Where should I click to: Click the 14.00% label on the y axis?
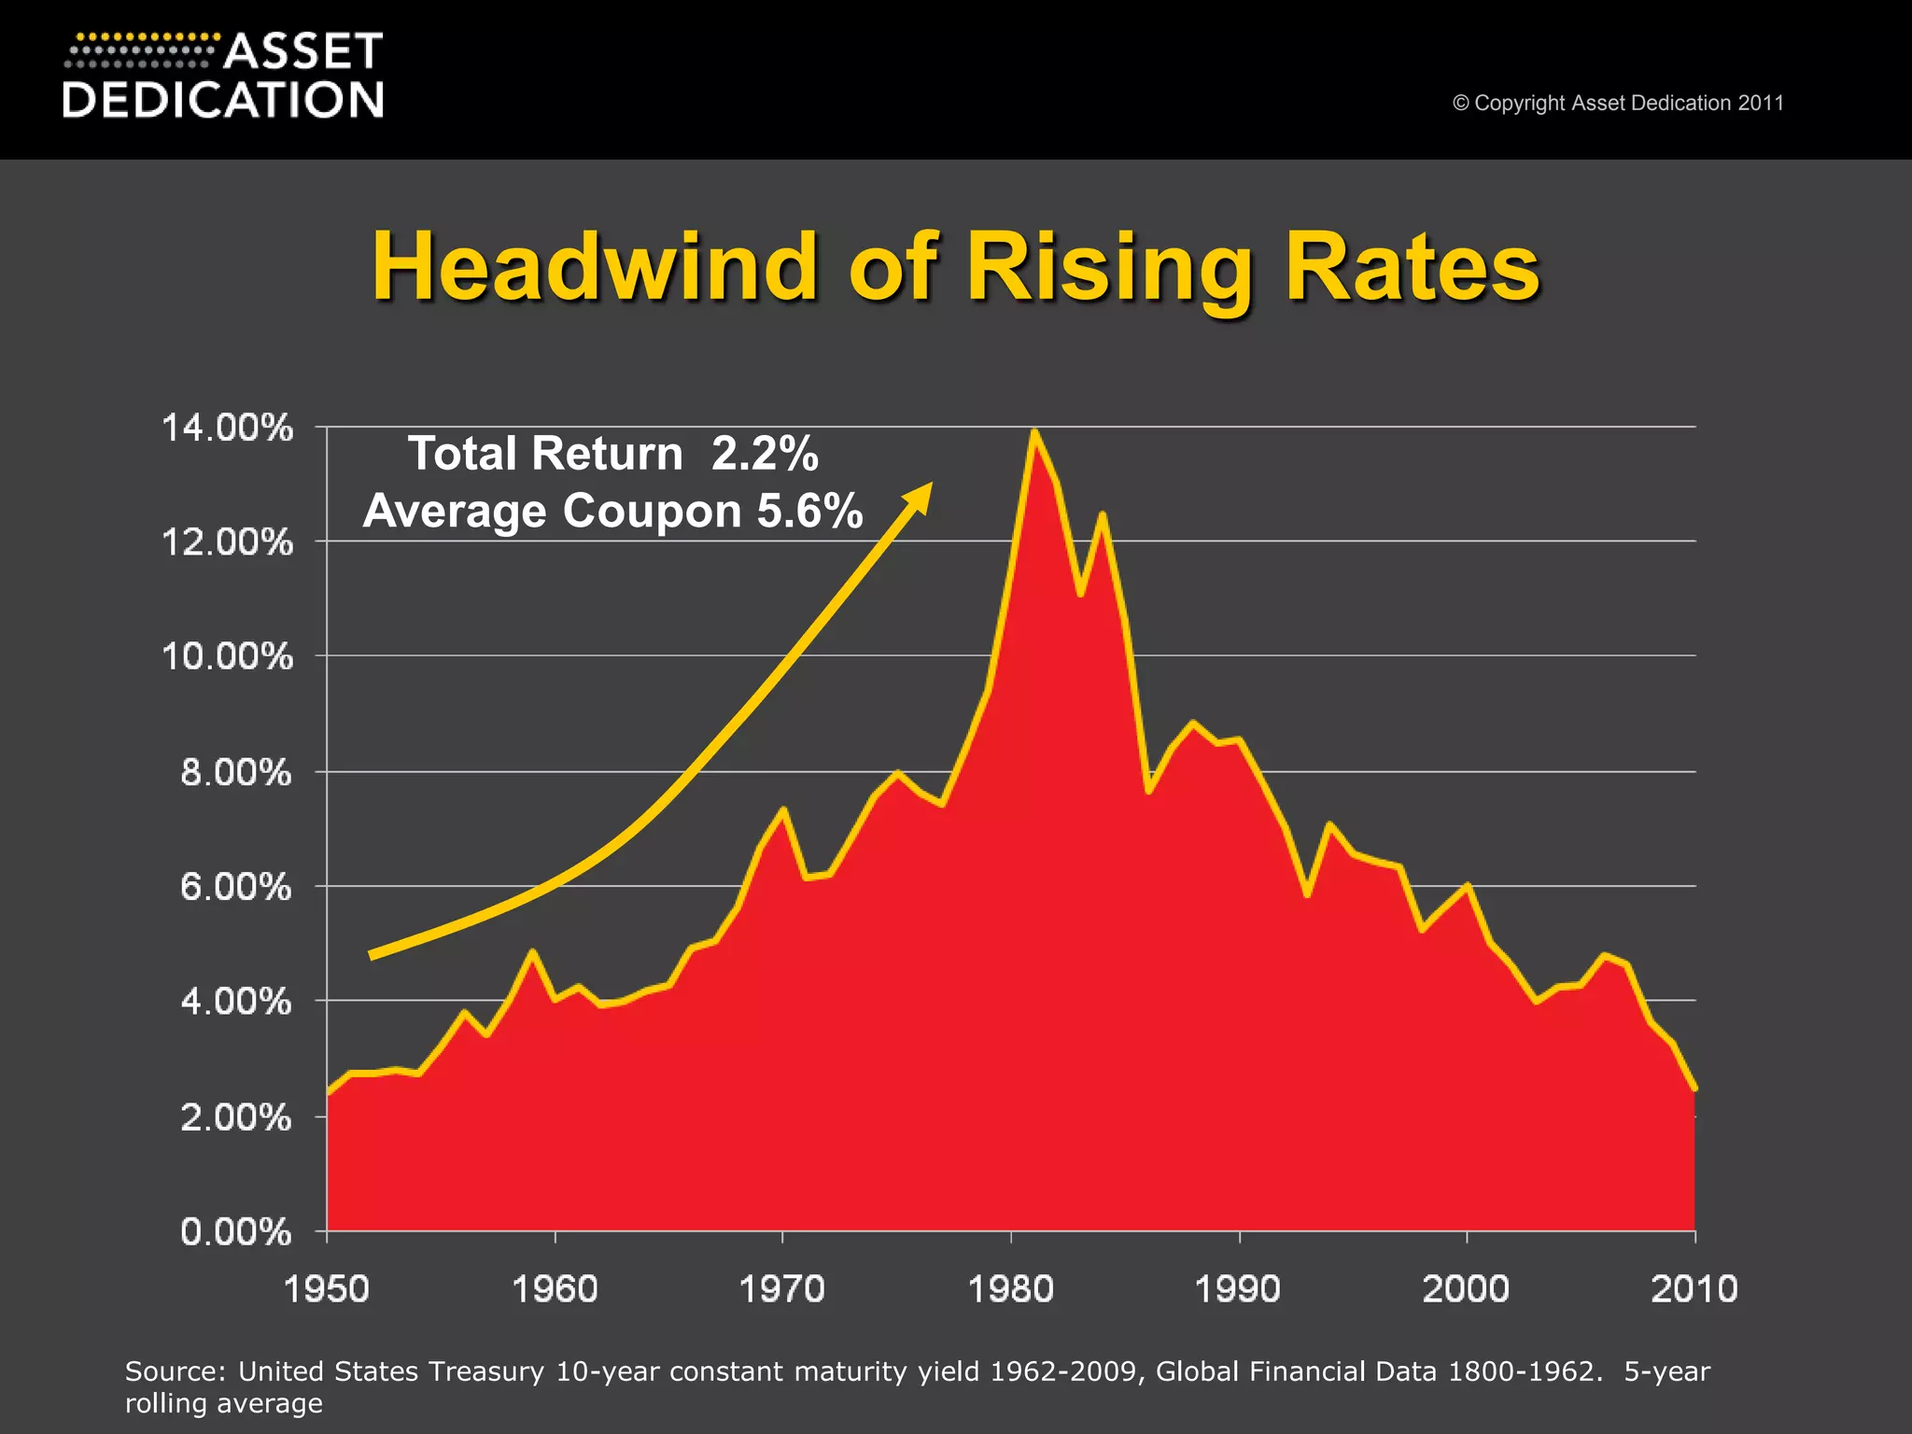pyautogui.click(x=227, y=429)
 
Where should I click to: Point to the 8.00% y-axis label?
pyautogui.click(x=235, y=773)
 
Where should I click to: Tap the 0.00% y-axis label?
pyautogui.click(x=235, y=1232)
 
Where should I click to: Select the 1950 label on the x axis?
pyautogui.click(x=326, y=1289)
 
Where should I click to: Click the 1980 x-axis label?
pyautogui.click(x=1010, y=1289)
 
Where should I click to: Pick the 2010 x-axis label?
pyautogui.click(x=1694, y=1289)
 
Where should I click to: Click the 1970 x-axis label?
pyautogui.click(x=781, y=1289)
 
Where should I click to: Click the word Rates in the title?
pyautogui.click(x=1411, y=267)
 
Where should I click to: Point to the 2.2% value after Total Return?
pyautogui.click(x=765, y=455)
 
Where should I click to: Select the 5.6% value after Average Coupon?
pyautogui.click(x=809, y=512)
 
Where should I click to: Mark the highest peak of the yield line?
pyautogui.click(x=1033, y=432)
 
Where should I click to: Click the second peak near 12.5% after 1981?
pyautogui.click(x=1103, y=514)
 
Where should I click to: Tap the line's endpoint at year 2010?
pyautogui.click(x=1694, y=1088)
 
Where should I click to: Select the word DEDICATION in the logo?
pyautogui.click(x=223, y=100)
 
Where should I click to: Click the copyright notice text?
pyautogui.click(x=1617, y=103)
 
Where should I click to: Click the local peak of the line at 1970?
pyautogui.click(x=783, y=809)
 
